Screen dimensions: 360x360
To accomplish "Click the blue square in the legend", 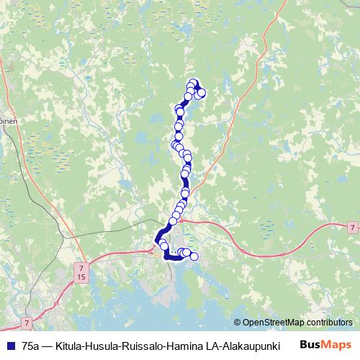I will click(x=11, y=346).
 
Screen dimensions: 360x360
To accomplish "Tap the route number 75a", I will click(x=32, y=346).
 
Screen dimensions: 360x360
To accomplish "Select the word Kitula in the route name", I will click(x=71, y=346).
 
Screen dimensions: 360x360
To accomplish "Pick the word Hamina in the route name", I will click(x=190, y=346).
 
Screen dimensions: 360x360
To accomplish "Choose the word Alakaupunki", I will click(x=252, y=346).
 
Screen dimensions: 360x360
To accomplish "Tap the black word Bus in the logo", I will click(x=311, y=346).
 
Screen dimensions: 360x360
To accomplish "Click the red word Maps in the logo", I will click(x=337, y=346).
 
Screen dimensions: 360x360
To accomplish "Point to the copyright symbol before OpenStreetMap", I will click(x=238, y=323).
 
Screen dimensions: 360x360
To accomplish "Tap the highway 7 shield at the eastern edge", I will click(x=351, y=228).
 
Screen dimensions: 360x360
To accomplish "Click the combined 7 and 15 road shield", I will click(x=79, y=272).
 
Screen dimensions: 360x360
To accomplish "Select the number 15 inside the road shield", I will click(x=79, y=276).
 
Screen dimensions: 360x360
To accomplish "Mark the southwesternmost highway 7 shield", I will click(x=26, y=323).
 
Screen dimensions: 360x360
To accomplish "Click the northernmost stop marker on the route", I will click(x=193, y=83).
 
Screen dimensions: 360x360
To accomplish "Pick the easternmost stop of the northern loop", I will click(x=202, y=92).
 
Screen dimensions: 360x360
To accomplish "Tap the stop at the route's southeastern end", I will click(x=194, y=256).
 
